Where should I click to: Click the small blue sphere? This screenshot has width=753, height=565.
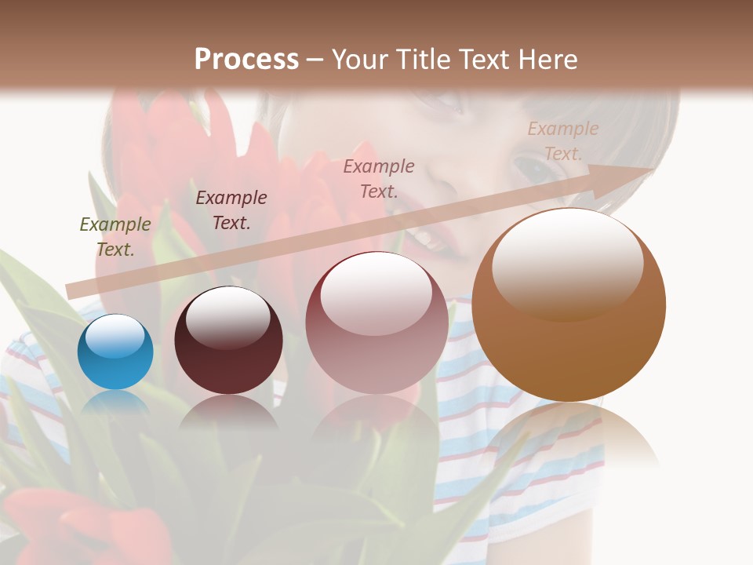[x=115, y=352]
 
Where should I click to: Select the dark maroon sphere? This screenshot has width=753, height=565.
[x=228, y=340]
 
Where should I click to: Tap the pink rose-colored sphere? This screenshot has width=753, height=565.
[x=376, y=323]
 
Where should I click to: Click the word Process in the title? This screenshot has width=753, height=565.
[x=246, y=60]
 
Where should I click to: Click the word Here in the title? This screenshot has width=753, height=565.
[x=547, y=60]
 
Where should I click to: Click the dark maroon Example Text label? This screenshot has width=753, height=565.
[x=231, y=210]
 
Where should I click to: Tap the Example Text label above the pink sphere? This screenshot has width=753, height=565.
[x=379, y=178]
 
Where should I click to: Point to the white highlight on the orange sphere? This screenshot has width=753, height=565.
[x=567, y=263]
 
